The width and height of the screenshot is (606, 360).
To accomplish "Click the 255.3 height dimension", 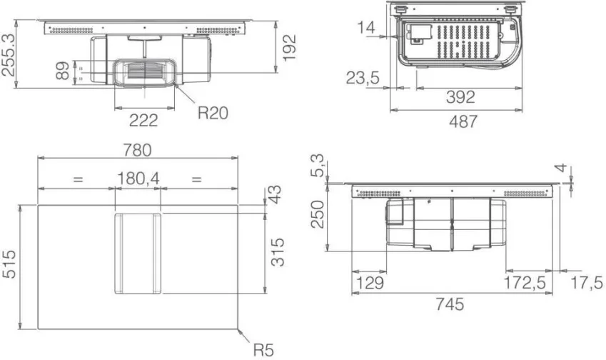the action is click(x=9, y=54).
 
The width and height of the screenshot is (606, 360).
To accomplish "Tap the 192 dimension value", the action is click(x=289, y=48).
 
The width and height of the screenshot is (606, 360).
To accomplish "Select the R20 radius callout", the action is click(x=213, y=113).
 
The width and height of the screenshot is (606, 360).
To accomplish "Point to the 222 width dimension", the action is click(x=143, y=120).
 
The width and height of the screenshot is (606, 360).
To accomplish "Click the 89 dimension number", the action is click(x=62, y=71).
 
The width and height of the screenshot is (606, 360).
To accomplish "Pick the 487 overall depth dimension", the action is click(x=463, y=121).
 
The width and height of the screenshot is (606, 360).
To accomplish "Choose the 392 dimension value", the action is click(x=460, y=96).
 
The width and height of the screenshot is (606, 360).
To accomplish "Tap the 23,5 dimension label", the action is click(x=363, y=78).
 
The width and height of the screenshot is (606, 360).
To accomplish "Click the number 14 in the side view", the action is click(x=365, y=28).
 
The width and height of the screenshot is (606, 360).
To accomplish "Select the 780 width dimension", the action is click(x=138, y=150).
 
